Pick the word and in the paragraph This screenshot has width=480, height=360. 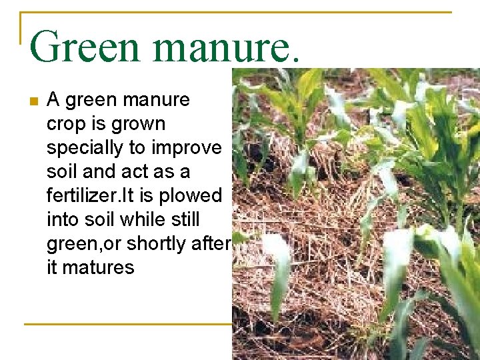[101, 172]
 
